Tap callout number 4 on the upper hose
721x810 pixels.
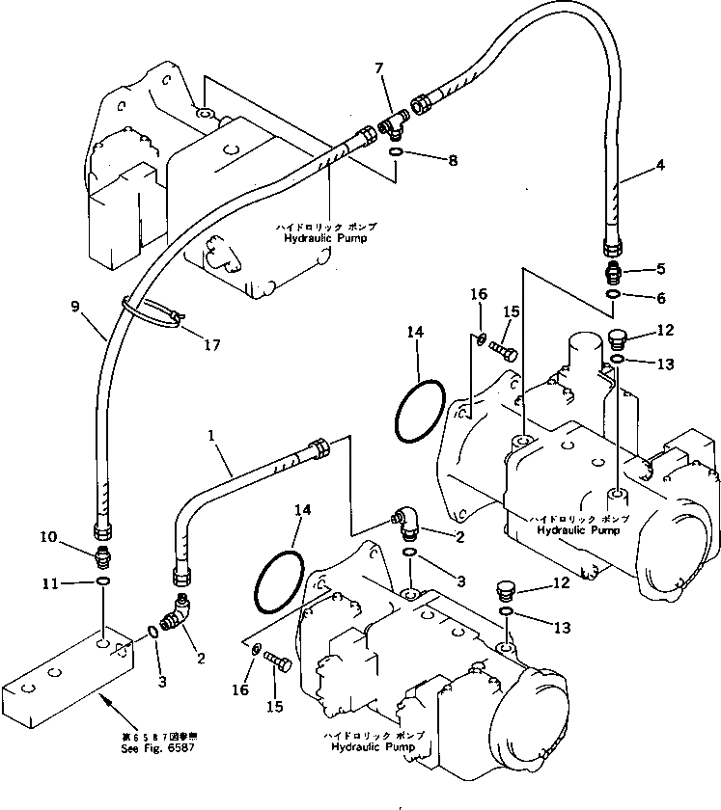click(660, 166)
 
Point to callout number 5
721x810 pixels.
click(660, 270)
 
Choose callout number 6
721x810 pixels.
click(660, 298)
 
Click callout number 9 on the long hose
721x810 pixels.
click(75, 310)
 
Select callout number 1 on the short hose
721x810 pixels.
click(211, 437)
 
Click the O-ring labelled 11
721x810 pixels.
click(102, 582)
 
